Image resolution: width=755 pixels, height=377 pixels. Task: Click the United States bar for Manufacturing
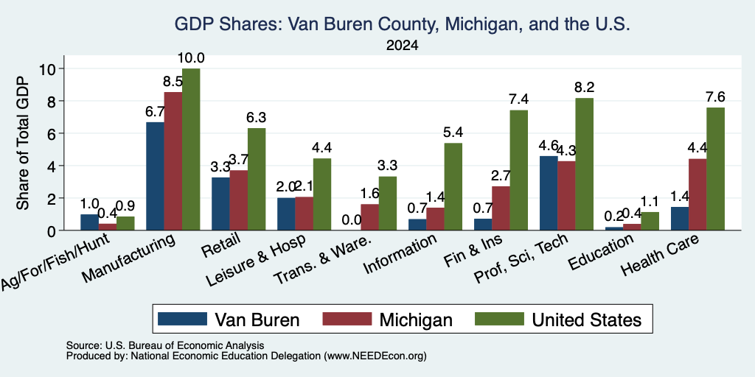click(x=191, y=149)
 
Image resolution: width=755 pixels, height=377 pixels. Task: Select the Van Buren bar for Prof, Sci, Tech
click(x=549, y=193)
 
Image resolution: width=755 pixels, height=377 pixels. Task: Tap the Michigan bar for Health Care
click(x=697, y=194)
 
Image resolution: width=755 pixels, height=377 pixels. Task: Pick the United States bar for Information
click(x=453, y=186)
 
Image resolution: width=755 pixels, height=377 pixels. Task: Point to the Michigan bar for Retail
click(x=238, y=200)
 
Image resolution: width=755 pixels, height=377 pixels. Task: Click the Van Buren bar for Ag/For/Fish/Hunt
click(x=89, y=222)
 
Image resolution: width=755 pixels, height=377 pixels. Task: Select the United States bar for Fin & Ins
click(x=519, y=170)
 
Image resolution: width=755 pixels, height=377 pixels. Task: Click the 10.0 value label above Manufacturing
click(x=191, y=58)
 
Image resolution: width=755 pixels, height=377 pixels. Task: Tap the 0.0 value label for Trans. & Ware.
click(x=352, y=219)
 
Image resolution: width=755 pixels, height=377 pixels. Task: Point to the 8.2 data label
click(x=585, y=88)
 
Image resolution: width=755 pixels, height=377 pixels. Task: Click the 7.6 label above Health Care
click(x=715, y=97)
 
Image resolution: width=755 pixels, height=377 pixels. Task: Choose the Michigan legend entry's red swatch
click(x=347, y=319)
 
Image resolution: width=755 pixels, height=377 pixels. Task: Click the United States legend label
click(x=586, y=320)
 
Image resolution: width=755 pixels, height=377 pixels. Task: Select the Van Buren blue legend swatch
click(x=183, y=319)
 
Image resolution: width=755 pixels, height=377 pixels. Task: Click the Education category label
click(x=600, y=253)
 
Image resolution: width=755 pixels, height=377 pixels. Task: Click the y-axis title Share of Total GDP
click(x=23, y=143)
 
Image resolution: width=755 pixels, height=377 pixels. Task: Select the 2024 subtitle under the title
click(x=402, y=46)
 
